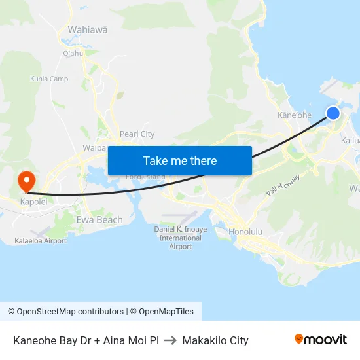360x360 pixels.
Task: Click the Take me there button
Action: coord(180,160)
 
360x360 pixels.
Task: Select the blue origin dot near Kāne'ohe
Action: coord(333,113)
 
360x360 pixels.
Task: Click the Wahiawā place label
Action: coord(88,29)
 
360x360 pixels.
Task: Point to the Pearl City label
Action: coord(137,134)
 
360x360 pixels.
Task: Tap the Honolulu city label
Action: coord(245,232)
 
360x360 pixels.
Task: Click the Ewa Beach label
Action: coord(99,220)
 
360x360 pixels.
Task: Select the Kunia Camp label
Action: coord(49,79)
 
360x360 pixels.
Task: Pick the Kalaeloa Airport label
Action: coord(41,241)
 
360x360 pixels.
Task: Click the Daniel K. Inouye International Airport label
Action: coord(176,238)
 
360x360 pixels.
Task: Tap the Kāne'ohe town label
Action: coord(295,115)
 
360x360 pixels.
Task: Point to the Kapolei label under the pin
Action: coord(34,202)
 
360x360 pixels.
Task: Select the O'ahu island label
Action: coord(73,53)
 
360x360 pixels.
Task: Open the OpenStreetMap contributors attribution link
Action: coord(65,312)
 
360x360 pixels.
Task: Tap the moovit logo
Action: coord(320,340)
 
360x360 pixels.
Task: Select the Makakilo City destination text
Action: coord(215,340)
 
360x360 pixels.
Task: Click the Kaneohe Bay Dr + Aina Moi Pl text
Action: coord(86,340)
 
